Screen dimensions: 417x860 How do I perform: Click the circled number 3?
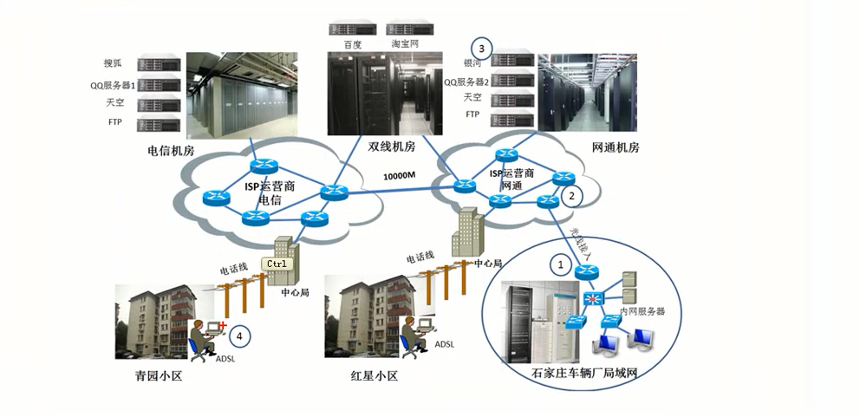(481, 47)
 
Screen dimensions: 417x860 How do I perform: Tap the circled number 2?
(570, 196)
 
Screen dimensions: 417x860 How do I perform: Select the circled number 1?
(560, 262)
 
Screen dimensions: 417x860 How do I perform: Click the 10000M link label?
(400, 176)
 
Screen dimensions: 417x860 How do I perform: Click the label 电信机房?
(171, 150)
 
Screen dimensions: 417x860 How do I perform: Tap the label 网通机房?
(615, 148)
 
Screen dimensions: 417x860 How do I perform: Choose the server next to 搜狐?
(157, 64)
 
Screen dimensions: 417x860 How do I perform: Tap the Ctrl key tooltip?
(277, 264)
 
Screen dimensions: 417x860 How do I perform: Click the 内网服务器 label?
(642, 310)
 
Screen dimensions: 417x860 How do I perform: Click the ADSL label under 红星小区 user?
(444, 344)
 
